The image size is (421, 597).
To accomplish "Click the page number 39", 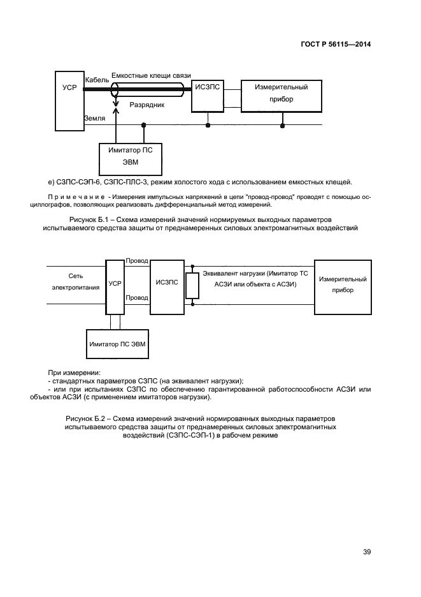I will pos(367,552).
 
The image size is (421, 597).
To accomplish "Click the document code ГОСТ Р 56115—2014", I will pos(336,45).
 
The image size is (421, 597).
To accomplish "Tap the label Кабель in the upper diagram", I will pos(97,80).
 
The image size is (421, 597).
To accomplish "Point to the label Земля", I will pos(95,119).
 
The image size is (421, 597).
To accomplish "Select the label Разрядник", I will pos(147,104).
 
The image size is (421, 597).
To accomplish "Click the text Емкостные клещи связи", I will pos(151,75).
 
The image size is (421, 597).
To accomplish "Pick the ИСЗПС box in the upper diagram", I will pos(208,96).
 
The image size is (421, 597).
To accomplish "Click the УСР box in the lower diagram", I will pos(115,286).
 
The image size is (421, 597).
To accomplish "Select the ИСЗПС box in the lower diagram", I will pos(167,285).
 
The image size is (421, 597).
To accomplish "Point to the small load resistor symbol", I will pos(189,286).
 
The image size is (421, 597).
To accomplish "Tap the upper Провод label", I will pos(137,262).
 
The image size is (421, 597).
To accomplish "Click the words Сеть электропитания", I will pos(76,282).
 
